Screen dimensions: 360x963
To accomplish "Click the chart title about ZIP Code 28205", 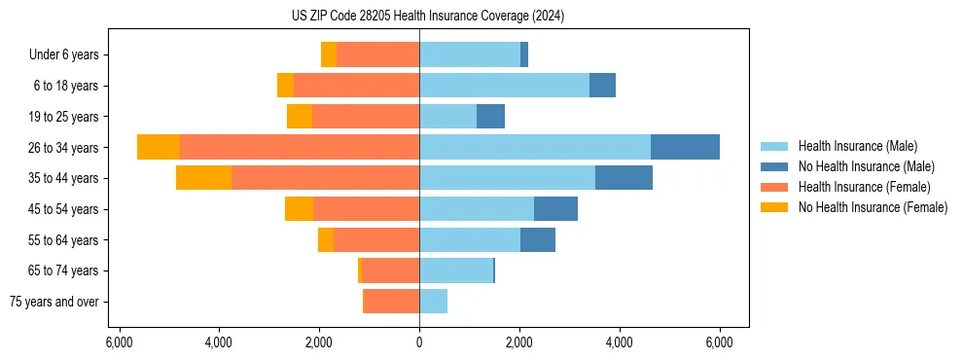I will tap(427, 17).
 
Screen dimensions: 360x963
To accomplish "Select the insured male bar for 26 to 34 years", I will tap(535, 147).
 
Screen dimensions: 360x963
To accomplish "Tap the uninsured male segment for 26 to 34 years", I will tap(685, 147).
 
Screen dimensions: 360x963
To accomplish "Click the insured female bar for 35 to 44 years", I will tap(325, 178).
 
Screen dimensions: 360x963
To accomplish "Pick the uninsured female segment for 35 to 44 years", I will tap(203, 178).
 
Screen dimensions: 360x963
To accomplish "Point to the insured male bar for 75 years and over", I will tap(433, 302).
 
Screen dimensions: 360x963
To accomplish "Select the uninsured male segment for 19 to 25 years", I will tap(490, 117).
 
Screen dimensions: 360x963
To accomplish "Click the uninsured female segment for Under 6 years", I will tap(329, 54).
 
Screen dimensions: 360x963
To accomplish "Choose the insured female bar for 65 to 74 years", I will tap(390, 270).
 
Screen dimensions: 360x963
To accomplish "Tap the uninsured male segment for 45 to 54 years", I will tap(555, 209).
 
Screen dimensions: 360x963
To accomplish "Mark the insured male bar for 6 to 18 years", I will tap(504, 86).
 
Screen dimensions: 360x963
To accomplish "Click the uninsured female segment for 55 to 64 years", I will tap(326, 240).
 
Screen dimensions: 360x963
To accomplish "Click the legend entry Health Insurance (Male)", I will tap(857, 146).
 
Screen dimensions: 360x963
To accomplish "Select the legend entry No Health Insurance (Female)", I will tap(873, 207).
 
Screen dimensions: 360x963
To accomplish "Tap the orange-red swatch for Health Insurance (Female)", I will tap(774, 187).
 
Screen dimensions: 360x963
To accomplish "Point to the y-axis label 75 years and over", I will tap(54, 302).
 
